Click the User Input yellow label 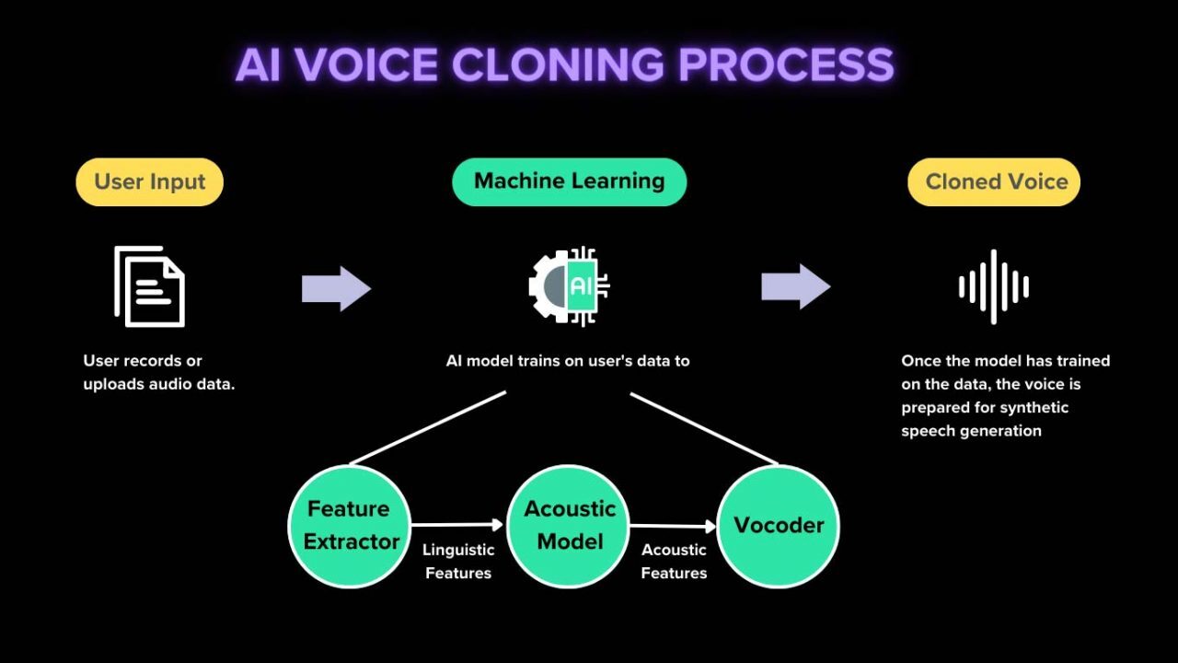(149, 181)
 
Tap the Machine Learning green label (569, 181)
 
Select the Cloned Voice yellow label (994, 181)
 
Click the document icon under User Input (150, 286)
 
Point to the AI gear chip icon (569, 286)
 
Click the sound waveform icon (994, 286)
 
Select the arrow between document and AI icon (336, 289)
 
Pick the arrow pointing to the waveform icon (795, 286)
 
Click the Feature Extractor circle (350, 526)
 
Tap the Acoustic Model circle (569, 526)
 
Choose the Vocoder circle (778, 526)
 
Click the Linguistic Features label (458, 561)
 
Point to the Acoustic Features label (674, 561)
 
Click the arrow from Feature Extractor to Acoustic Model (457, 525)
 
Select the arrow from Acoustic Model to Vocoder (673, 527)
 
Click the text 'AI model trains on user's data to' (568, 361)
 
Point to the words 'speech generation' (971, 431)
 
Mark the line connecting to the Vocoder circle (704, 428)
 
